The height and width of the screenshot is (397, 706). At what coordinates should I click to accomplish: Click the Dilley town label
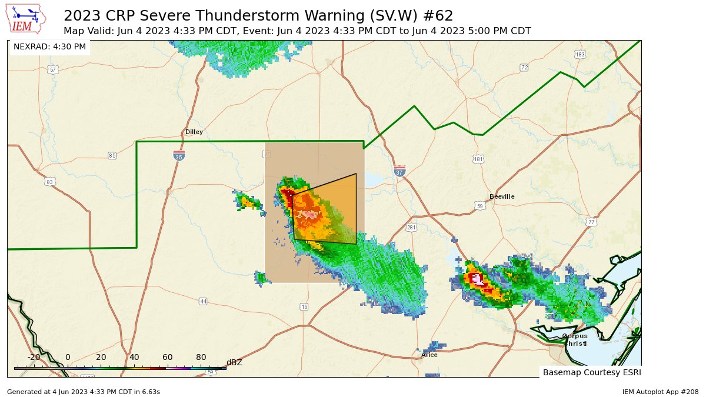click(194, 132)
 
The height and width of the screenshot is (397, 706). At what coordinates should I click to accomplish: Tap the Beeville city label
click(502, 196)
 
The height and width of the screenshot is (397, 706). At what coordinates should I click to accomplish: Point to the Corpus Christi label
click(574, 339)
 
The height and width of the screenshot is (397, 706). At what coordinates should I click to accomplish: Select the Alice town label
click(429, 355)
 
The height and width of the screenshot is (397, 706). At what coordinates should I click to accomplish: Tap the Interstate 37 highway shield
click(399, 171)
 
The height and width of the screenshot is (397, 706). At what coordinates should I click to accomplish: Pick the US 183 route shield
click(580, 54)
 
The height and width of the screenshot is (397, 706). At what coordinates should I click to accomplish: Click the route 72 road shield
click(524, 68)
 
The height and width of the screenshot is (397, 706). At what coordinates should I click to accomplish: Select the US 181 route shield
click(478, 159)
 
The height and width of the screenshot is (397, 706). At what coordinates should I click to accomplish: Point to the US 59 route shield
click(481, 205)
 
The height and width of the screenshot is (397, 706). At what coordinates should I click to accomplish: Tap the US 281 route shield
click(412, 227)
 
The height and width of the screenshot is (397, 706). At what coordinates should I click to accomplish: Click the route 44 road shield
click(203, 302)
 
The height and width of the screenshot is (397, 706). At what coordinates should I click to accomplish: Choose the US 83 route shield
click(49, 182)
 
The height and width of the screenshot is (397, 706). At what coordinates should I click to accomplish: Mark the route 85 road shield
click(112, 155)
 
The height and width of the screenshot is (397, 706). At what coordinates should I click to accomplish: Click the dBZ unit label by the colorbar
click(234, 362)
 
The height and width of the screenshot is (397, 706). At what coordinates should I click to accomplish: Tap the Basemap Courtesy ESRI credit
click(591, 372)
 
